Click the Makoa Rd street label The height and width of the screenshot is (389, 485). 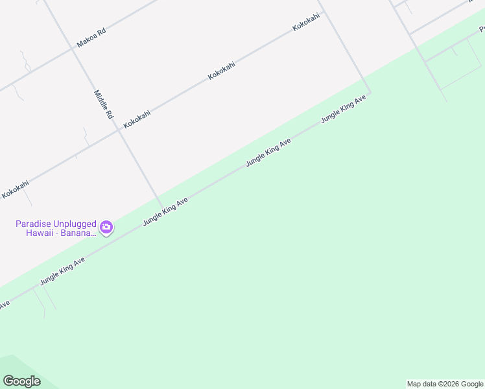point(91,38)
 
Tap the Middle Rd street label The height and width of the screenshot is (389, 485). point(104,104)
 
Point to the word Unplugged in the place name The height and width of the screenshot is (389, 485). point(75,224)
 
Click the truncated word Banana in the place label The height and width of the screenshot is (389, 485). point(78,233)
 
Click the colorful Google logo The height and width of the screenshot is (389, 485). point(21,381)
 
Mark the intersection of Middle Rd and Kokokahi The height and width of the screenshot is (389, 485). point(119,128)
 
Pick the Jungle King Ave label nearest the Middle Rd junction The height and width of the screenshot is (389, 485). point(165,211)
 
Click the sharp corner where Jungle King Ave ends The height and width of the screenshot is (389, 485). point(370,93)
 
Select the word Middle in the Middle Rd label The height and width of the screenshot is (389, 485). point(101,99)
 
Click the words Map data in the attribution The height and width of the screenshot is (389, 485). point(421,384)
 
